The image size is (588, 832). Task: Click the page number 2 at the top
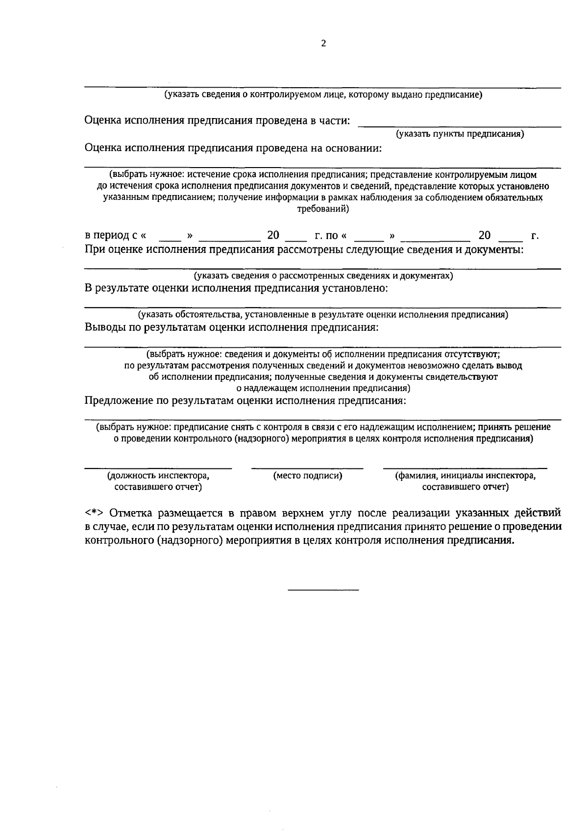[x=323, y=43]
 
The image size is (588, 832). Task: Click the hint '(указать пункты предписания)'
[x=460, y=134]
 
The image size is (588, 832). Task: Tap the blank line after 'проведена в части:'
[x=459, y=126]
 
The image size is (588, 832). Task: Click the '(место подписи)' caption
[x=308, y=475]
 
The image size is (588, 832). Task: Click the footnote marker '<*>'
[x=93, y=514]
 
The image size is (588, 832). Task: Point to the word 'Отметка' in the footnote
[x=130, y=514]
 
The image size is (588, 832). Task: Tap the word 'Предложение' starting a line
[x=118, y=401]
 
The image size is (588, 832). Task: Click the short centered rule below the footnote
[x=323, y=589]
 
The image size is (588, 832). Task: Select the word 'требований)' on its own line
[x=323, y=209]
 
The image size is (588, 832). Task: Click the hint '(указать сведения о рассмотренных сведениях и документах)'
[x=323, y=276]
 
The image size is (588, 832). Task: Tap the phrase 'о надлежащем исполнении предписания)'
[x=323, y=389]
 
